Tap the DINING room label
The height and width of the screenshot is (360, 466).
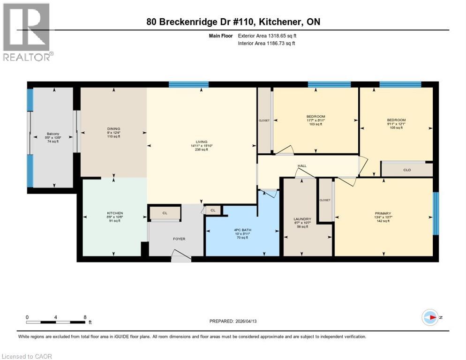113,129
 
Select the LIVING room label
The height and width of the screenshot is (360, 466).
202,142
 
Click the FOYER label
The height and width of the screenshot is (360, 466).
179,239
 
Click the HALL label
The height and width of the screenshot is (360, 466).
302,166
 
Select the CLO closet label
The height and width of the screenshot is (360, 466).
407,170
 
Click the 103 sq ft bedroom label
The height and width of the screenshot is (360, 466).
316,116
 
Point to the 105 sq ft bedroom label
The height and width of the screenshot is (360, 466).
396,120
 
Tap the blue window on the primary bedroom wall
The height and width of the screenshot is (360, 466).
436,213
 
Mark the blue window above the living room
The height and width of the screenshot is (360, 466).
188,85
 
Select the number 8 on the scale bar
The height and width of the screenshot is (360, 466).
85,317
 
